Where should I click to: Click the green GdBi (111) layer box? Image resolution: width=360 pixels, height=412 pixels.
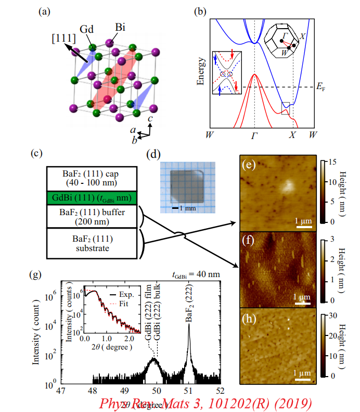[x=92, y=198]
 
